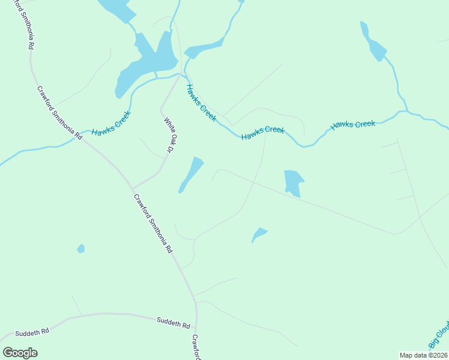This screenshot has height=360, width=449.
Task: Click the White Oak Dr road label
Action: tap(168, 135)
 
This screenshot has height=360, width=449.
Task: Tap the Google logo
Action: tap(20, 353)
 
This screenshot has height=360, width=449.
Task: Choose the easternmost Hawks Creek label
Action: tap(353, 125)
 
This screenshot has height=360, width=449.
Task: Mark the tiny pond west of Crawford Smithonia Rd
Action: tap(80, 248)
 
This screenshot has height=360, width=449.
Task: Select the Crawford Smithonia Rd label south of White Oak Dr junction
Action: tap(153, 223)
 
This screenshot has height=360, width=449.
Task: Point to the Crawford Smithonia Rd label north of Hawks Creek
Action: tap(59, 113)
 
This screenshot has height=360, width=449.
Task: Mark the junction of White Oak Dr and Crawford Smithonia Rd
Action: tap(133, 188)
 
